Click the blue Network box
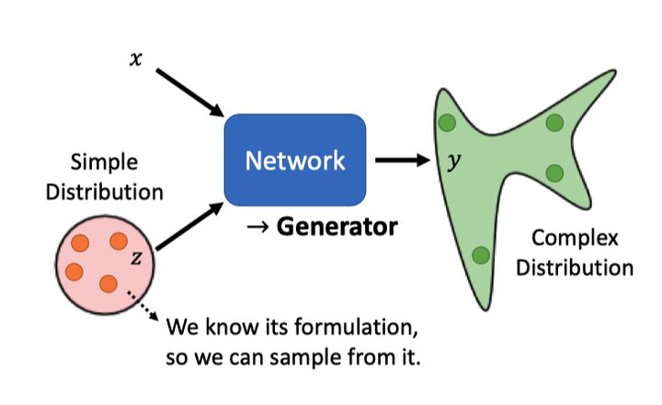(x=295, y=160)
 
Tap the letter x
(x=135, y=59)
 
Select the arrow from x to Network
(x=189, y=93)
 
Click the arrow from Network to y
(x=403, y=160)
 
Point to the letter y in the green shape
(x=454, y=161)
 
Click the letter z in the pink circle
(x=136, y=258)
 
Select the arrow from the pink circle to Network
(x=189, y=226)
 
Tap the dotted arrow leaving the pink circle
(x=143, y=305)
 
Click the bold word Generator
(x=337, y=227)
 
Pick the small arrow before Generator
(x=258, y=227)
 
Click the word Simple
(x=104, y=163)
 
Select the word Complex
(x=575, y=238)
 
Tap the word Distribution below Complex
(x=575, y=268)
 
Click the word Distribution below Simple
(x=104, y=192)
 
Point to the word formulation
(x=356, y=327)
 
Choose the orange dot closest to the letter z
(x=119, y=241)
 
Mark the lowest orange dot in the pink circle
(x=108, y=283)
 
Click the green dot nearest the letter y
(x=447, y=123)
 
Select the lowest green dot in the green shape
(x=481, y=255)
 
